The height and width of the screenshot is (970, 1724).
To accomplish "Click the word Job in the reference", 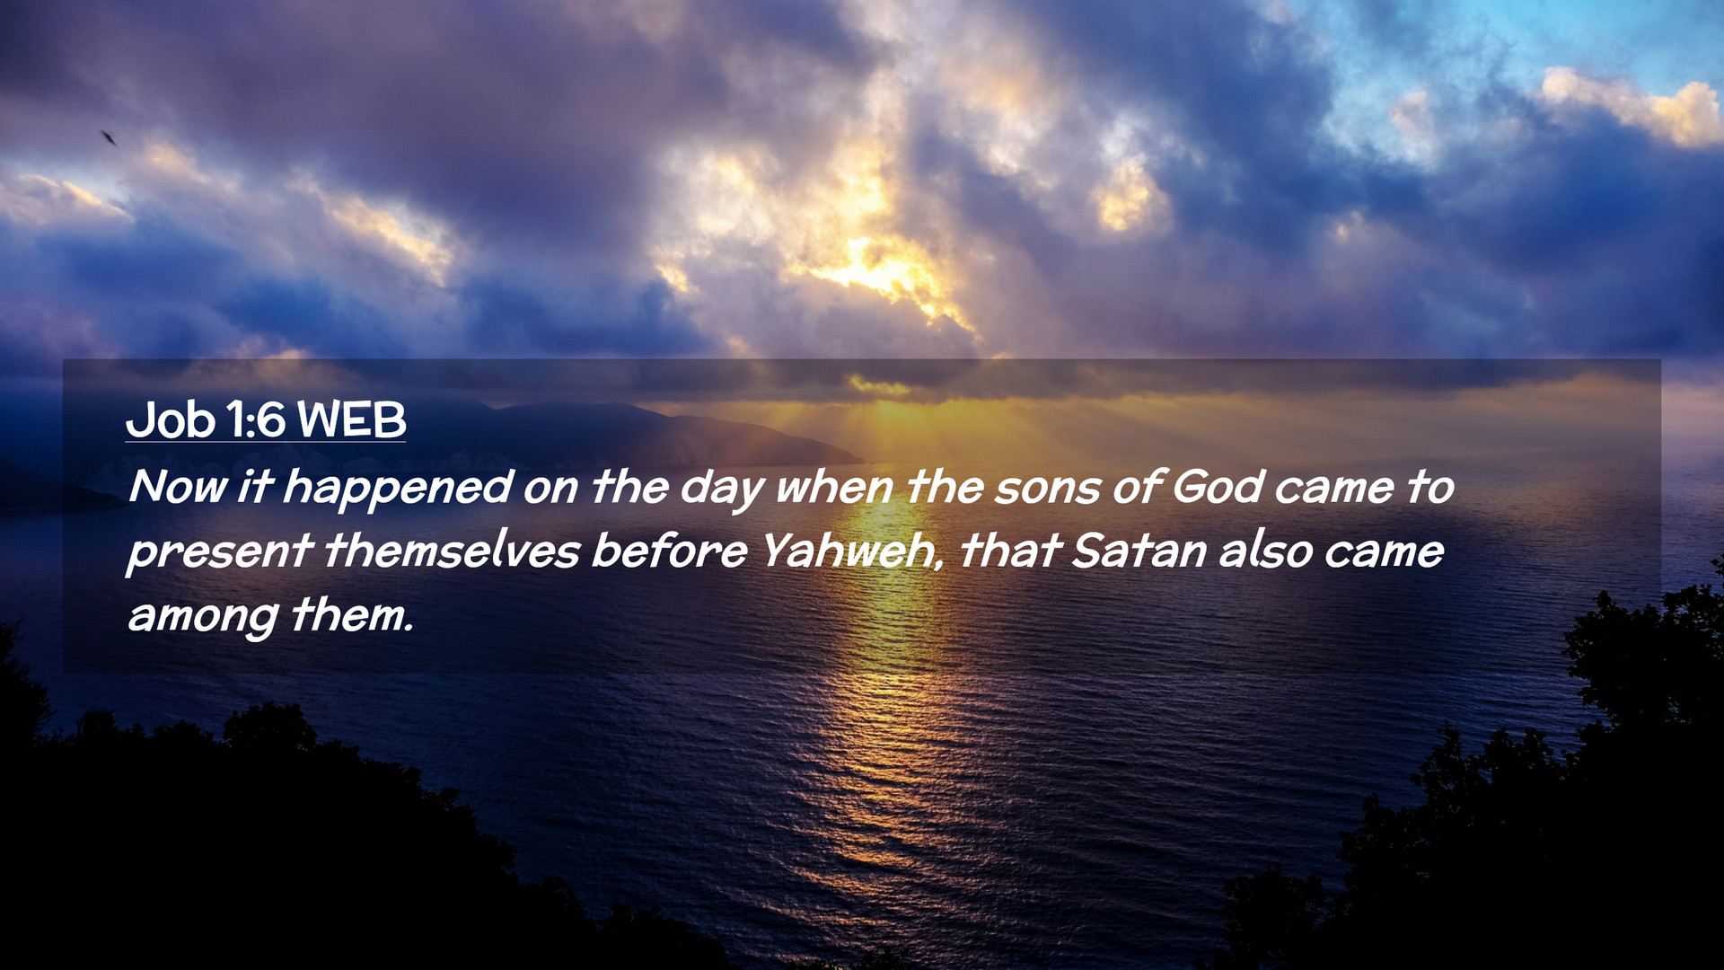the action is (171, 419).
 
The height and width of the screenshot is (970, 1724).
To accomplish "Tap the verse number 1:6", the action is (256, 419).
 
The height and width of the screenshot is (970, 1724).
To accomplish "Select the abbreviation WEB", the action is (351, 419).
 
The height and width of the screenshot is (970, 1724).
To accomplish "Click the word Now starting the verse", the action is (178, 487).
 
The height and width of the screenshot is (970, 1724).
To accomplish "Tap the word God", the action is (1217, 487).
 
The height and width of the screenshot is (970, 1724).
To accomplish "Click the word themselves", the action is (452, 551).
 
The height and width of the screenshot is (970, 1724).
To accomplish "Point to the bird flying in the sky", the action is (109, 137).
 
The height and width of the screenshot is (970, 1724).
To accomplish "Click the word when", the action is (834, 487).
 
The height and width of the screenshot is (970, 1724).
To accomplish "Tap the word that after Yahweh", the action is (1010, 551).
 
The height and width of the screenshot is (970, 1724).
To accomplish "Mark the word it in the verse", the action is (255, 486).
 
